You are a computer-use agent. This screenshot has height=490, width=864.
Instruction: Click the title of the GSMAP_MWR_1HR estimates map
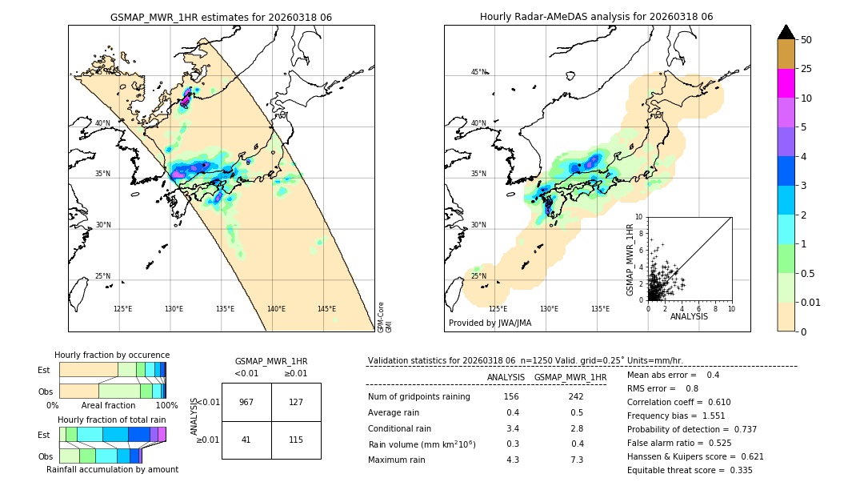(221, 17)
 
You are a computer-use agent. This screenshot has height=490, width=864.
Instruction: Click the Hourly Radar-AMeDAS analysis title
(596, 17)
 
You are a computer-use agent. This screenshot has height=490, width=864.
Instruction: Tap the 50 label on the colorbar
(806, 40)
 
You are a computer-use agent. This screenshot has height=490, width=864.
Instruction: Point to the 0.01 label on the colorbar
(811, 302)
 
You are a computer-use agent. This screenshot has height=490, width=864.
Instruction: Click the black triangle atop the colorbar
(786, 32)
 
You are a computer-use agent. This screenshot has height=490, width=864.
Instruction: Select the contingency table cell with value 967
(246, 402)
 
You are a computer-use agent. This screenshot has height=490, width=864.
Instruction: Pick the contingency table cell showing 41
(246, 440)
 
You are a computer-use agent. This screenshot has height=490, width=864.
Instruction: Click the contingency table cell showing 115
(296, 440)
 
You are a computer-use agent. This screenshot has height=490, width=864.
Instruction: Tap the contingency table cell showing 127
(296, 402)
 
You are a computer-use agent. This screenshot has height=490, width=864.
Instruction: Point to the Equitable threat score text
(690, 471)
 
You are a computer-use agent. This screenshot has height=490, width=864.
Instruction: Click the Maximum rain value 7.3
(576, 460)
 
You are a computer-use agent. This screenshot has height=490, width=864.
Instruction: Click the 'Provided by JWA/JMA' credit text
(490, 323)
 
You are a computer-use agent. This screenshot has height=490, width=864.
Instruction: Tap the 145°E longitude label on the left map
(326, 309)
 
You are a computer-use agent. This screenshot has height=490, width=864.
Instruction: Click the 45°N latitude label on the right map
(478, 72)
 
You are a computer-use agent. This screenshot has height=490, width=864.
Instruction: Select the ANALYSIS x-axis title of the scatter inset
(689, 316)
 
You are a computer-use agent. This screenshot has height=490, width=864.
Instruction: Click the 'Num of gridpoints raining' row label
(418, 397)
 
